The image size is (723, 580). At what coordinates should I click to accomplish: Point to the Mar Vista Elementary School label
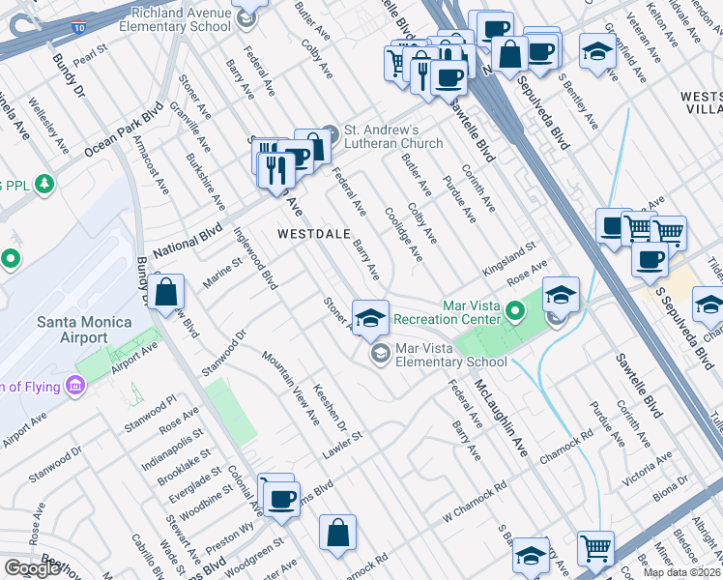pos(451,355)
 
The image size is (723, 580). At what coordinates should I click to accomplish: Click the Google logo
pos(32,568)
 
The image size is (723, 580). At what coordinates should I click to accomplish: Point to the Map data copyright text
pos(682,572)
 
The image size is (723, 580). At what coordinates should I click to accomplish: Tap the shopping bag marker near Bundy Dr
pos(166,290)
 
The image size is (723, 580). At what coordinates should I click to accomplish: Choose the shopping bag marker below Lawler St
pos(338,532)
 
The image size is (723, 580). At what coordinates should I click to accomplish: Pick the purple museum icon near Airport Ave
pos(74,388)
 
